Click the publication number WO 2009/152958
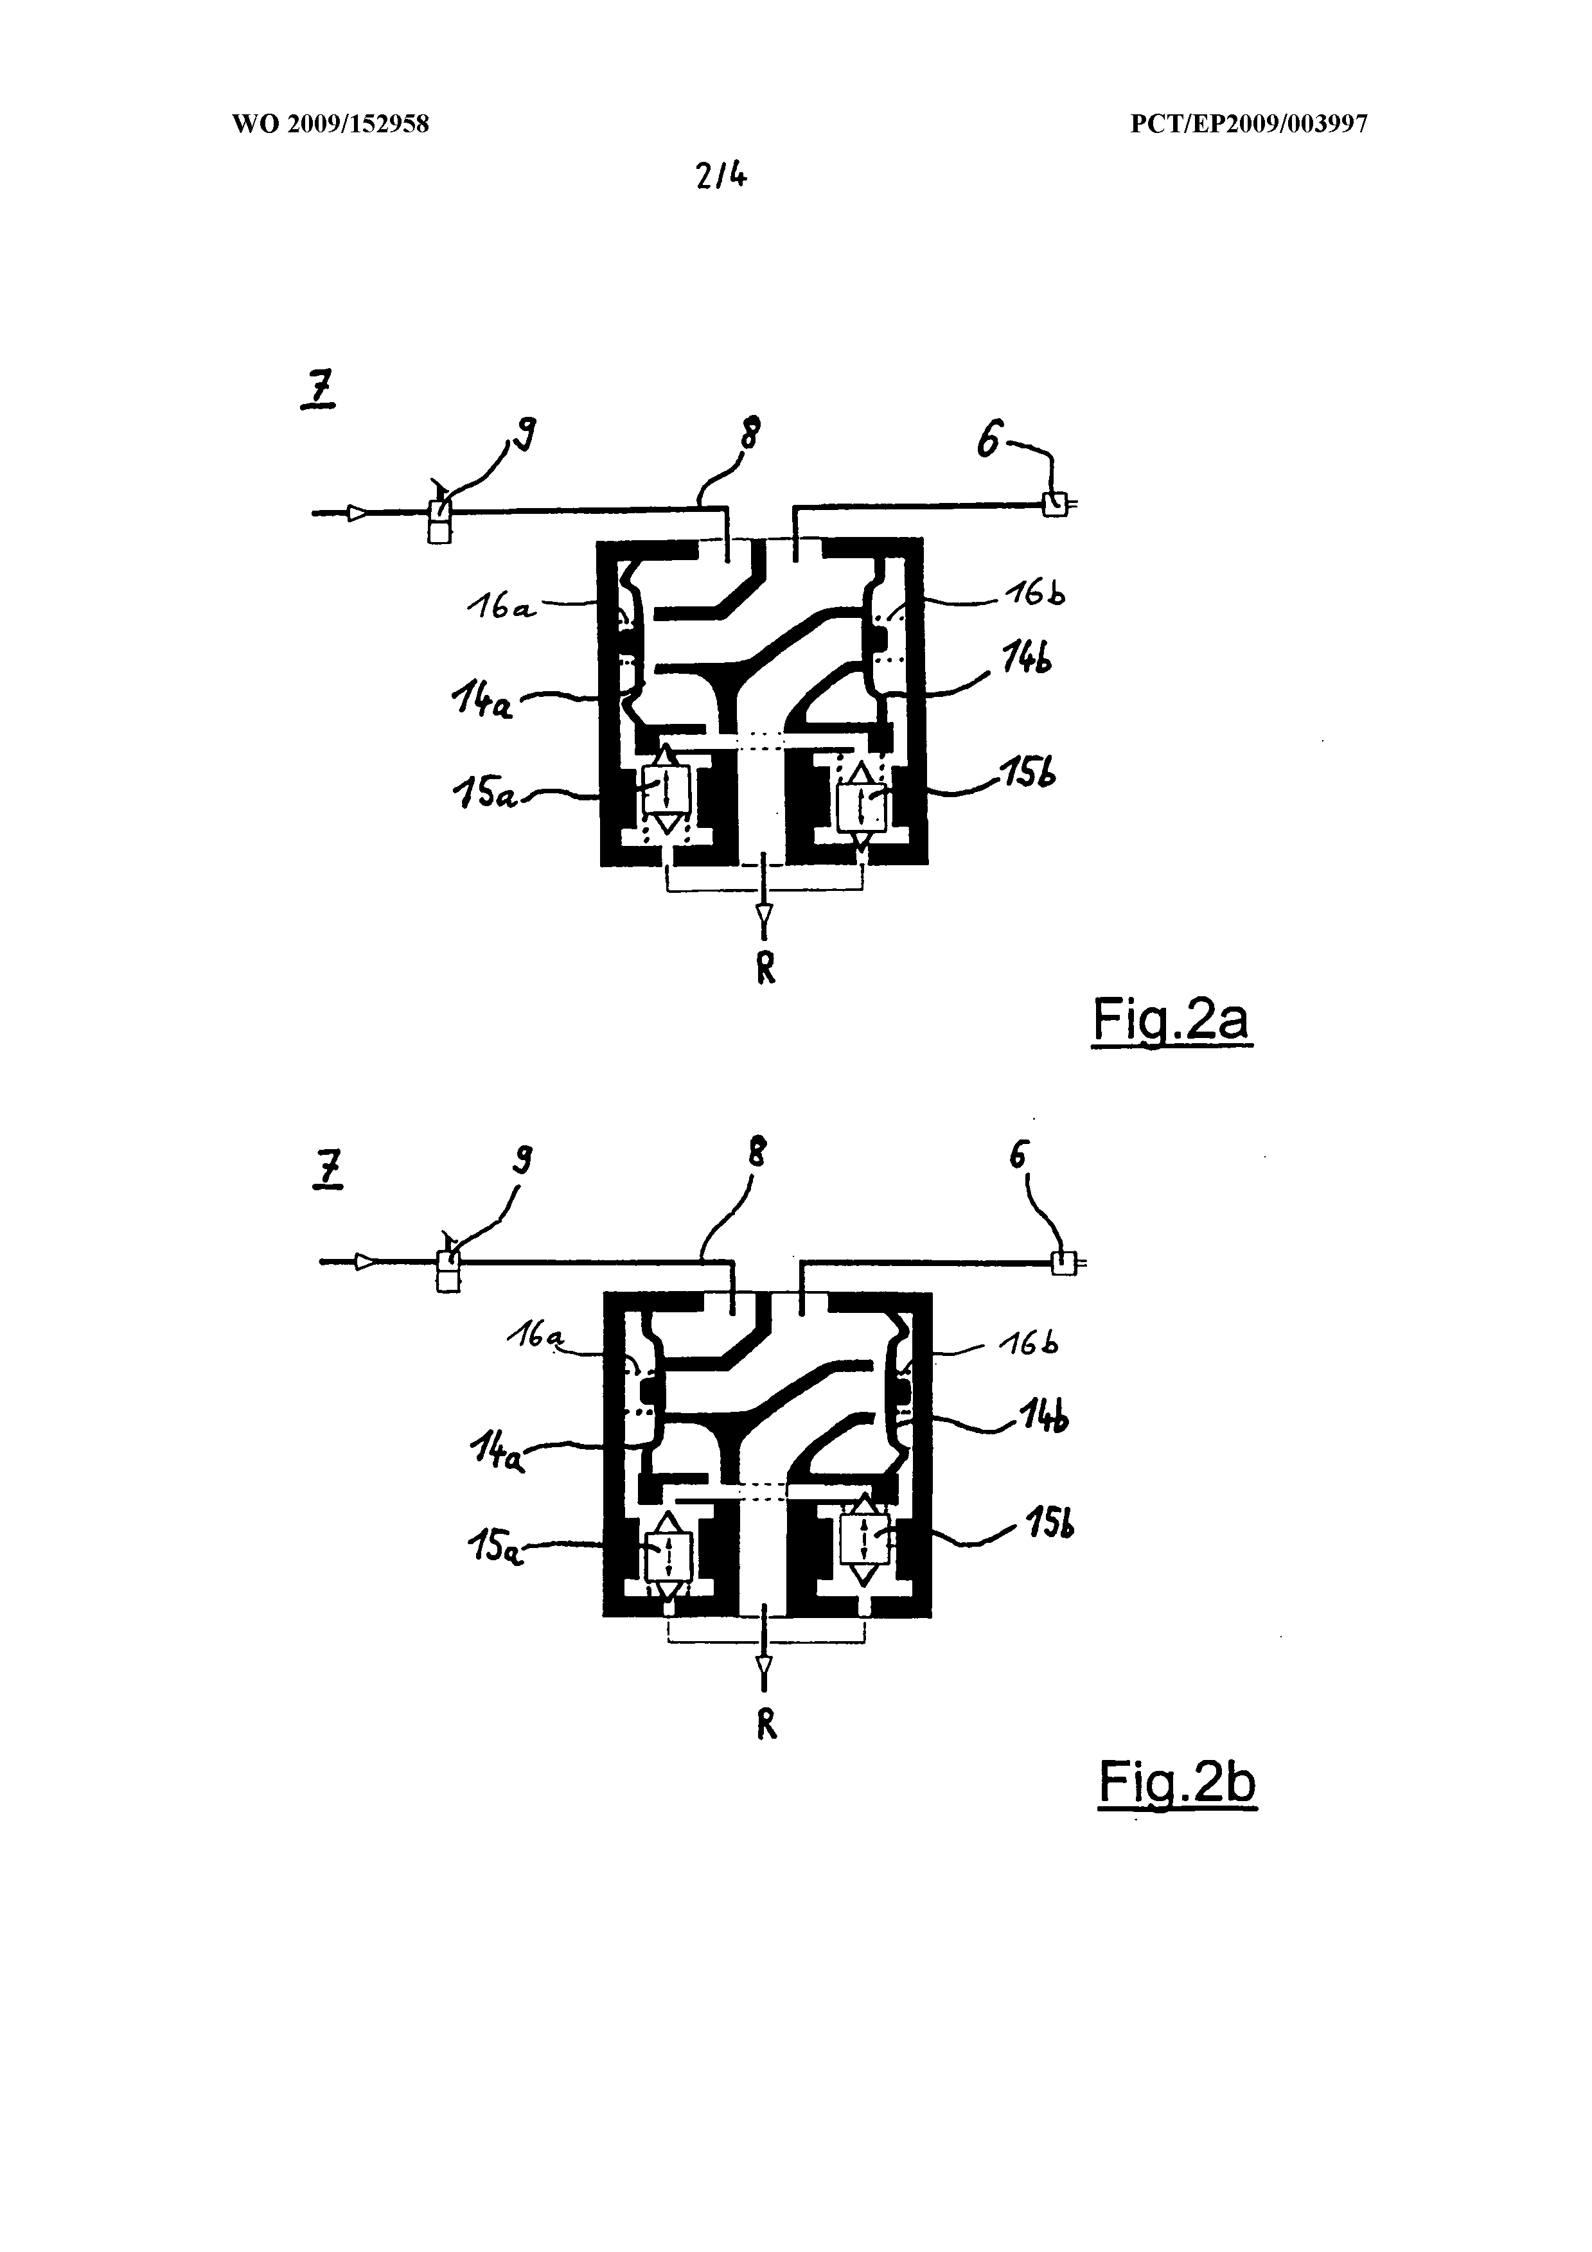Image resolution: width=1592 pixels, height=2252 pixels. click(331, 125)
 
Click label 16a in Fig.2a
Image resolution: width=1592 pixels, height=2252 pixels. click(500, 608)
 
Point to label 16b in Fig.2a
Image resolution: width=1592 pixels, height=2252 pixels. click(1035, 594)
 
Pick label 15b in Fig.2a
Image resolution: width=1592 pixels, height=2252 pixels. click(1027, 774)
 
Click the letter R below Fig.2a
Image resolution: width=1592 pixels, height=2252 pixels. click(766, 969)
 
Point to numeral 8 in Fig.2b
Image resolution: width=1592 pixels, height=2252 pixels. click(756, 1154)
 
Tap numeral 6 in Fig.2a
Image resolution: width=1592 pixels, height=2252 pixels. click(990, 443)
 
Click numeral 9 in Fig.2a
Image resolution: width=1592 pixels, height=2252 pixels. click(527, 434)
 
